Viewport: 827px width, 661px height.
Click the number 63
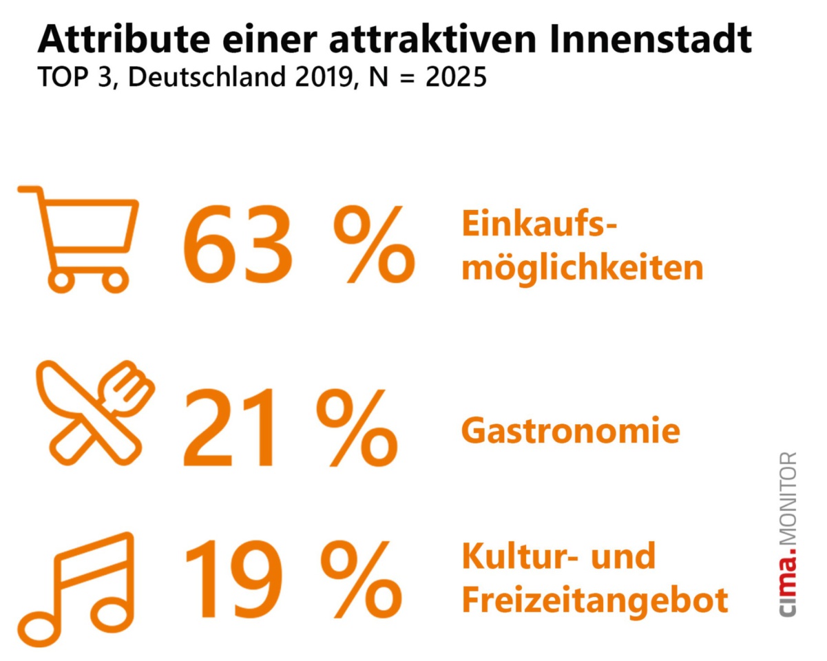click(x=239, y=245)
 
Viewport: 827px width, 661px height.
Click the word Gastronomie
click(x=570, y=431)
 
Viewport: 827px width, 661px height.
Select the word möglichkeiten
click(x=582, y=268)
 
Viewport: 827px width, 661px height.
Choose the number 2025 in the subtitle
click(x=455, y=76)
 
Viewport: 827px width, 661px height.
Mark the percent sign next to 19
click(x=362, y=578)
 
